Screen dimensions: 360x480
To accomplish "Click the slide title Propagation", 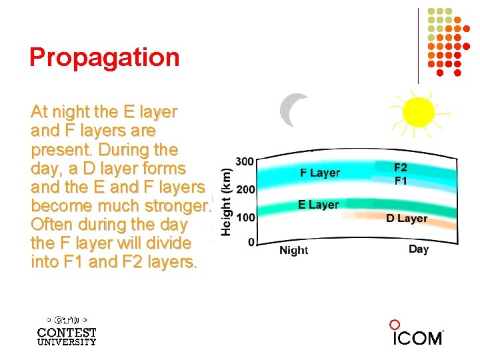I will pyautogui.click(x=105, y=57).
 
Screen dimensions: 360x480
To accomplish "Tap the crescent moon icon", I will pyautogui.click(x=293, y=110).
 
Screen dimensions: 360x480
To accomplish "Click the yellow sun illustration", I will pyautogui.click(x=418, y=113).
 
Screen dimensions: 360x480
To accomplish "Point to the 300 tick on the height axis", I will pyautogui.click(x=245, y=161).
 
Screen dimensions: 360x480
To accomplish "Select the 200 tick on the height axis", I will pyautogui.click(x=245, y=189).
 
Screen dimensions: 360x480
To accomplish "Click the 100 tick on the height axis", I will pyautogui.click(x=245, y=217).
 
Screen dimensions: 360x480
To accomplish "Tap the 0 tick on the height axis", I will pyautogui.click(x=251, y=242).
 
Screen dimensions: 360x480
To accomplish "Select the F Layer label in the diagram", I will pyautogui.click(x=319, y=173).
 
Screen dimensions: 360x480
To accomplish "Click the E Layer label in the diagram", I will pyautogui.click(x=318, y=205).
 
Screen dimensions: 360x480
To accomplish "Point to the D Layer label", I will pyautogui.click(x=407, y=219).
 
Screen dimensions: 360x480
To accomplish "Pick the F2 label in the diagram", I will pyautogui.click(x=401, y=168).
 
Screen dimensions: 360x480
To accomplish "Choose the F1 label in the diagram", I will pyautogui.click(x=401, y=181).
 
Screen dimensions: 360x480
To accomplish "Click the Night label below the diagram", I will pyautogui.click(x=293, y=251).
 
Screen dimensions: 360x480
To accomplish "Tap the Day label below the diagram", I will pyautogui.click(x=418, y=249).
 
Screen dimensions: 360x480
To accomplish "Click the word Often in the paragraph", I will pyautogui.click(x=52, y=224).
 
